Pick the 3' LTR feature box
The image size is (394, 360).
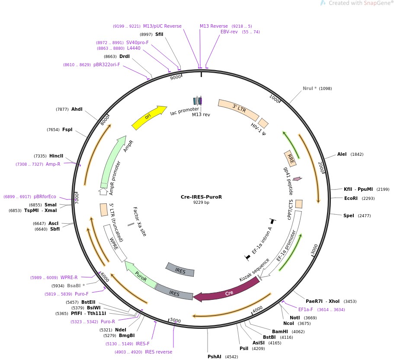[x=238, y=109]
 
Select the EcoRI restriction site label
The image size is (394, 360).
[x=351, y=198]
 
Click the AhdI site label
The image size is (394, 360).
[x=77, y=109]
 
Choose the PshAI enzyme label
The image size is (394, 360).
[x=215, y=357]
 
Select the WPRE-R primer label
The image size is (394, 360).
[x=69, y=277]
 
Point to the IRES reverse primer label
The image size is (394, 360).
[x=158, y=352]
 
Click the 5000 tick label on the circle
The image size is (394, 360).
[x=175, y=320]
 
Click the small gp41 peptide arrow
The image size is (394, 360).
[x=297, y=178]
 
